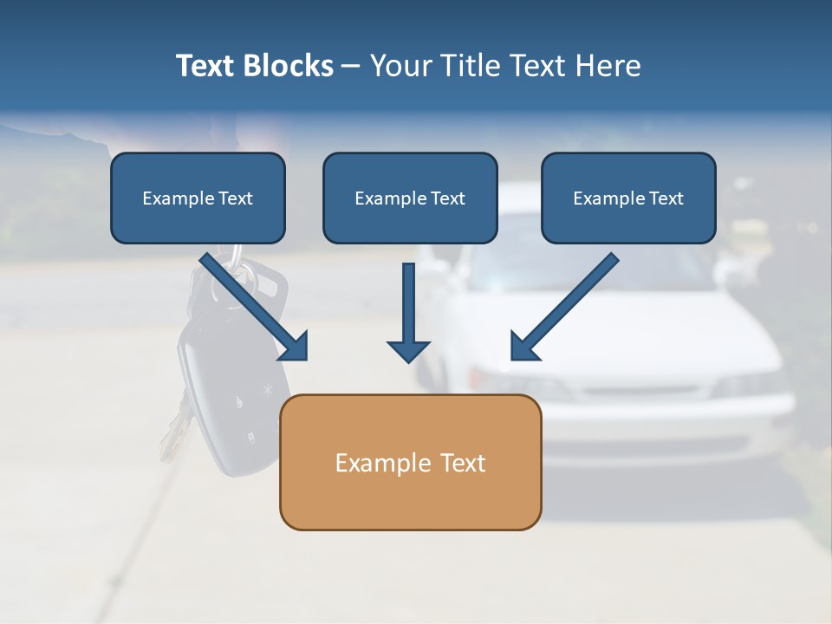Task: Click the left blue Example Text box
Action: click(x=198, y=198)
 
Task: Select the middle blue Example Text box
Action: click(x=410, y=198)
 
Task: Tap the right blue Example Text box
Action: click(x=628, y=198)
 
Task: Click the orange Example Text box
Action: click(x=410, y=462)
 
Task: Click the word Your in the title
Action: click(x=401, y=66)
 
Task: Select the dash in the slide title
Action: click(x=351, y=66)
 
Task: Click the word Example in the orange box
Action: click(x=373, y=462)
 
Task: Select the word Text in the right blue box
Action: click(x=665, y=198)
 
